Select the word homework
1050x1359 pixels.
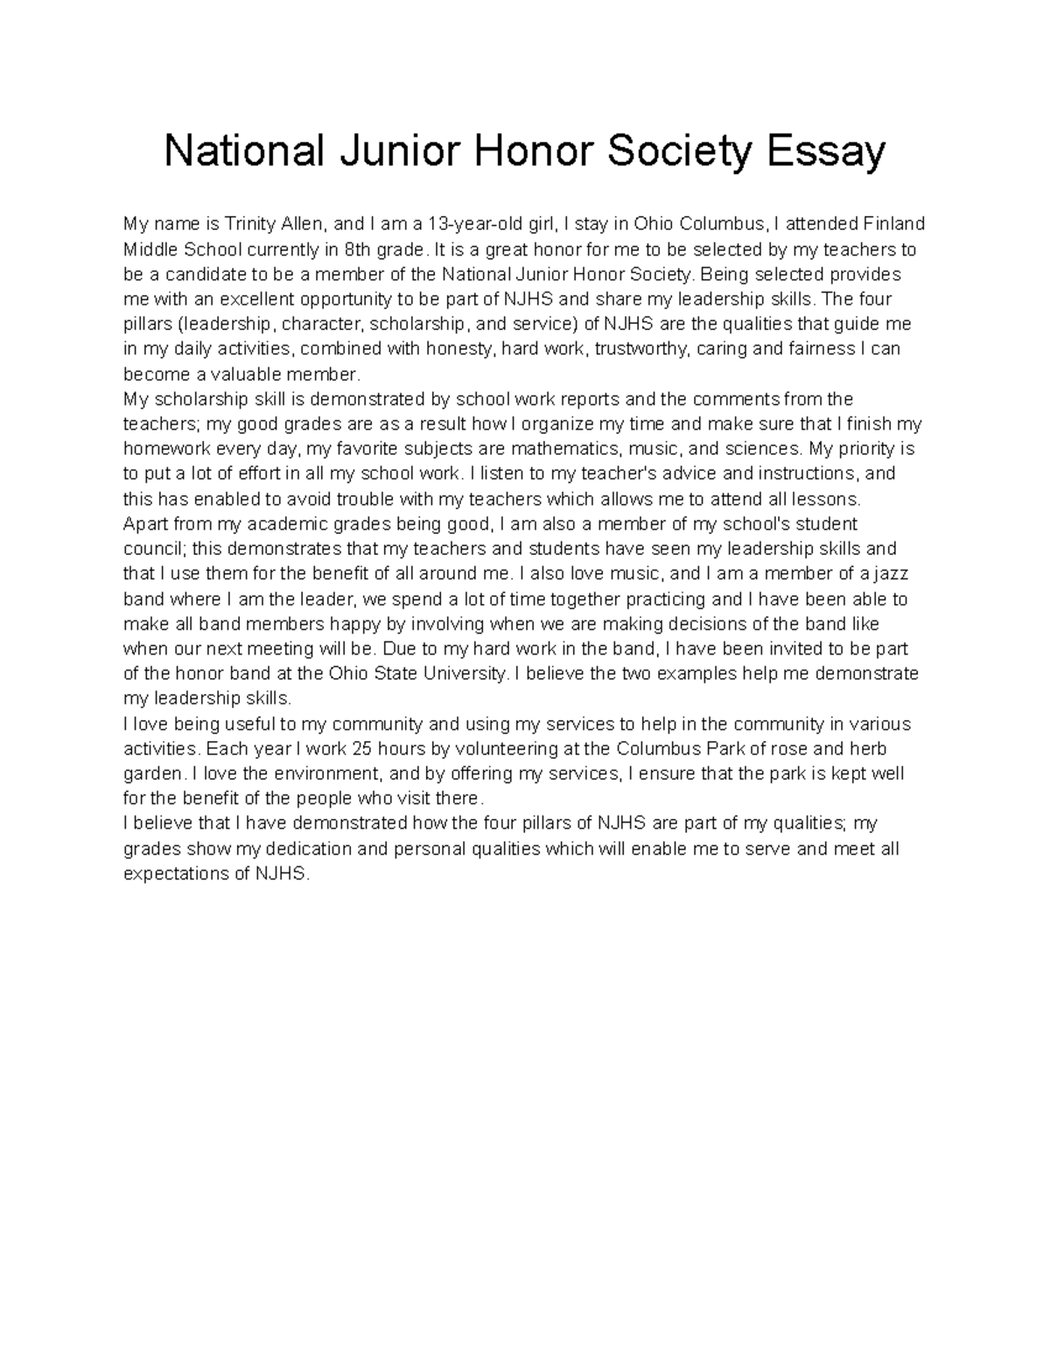[x=165, y=450]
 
